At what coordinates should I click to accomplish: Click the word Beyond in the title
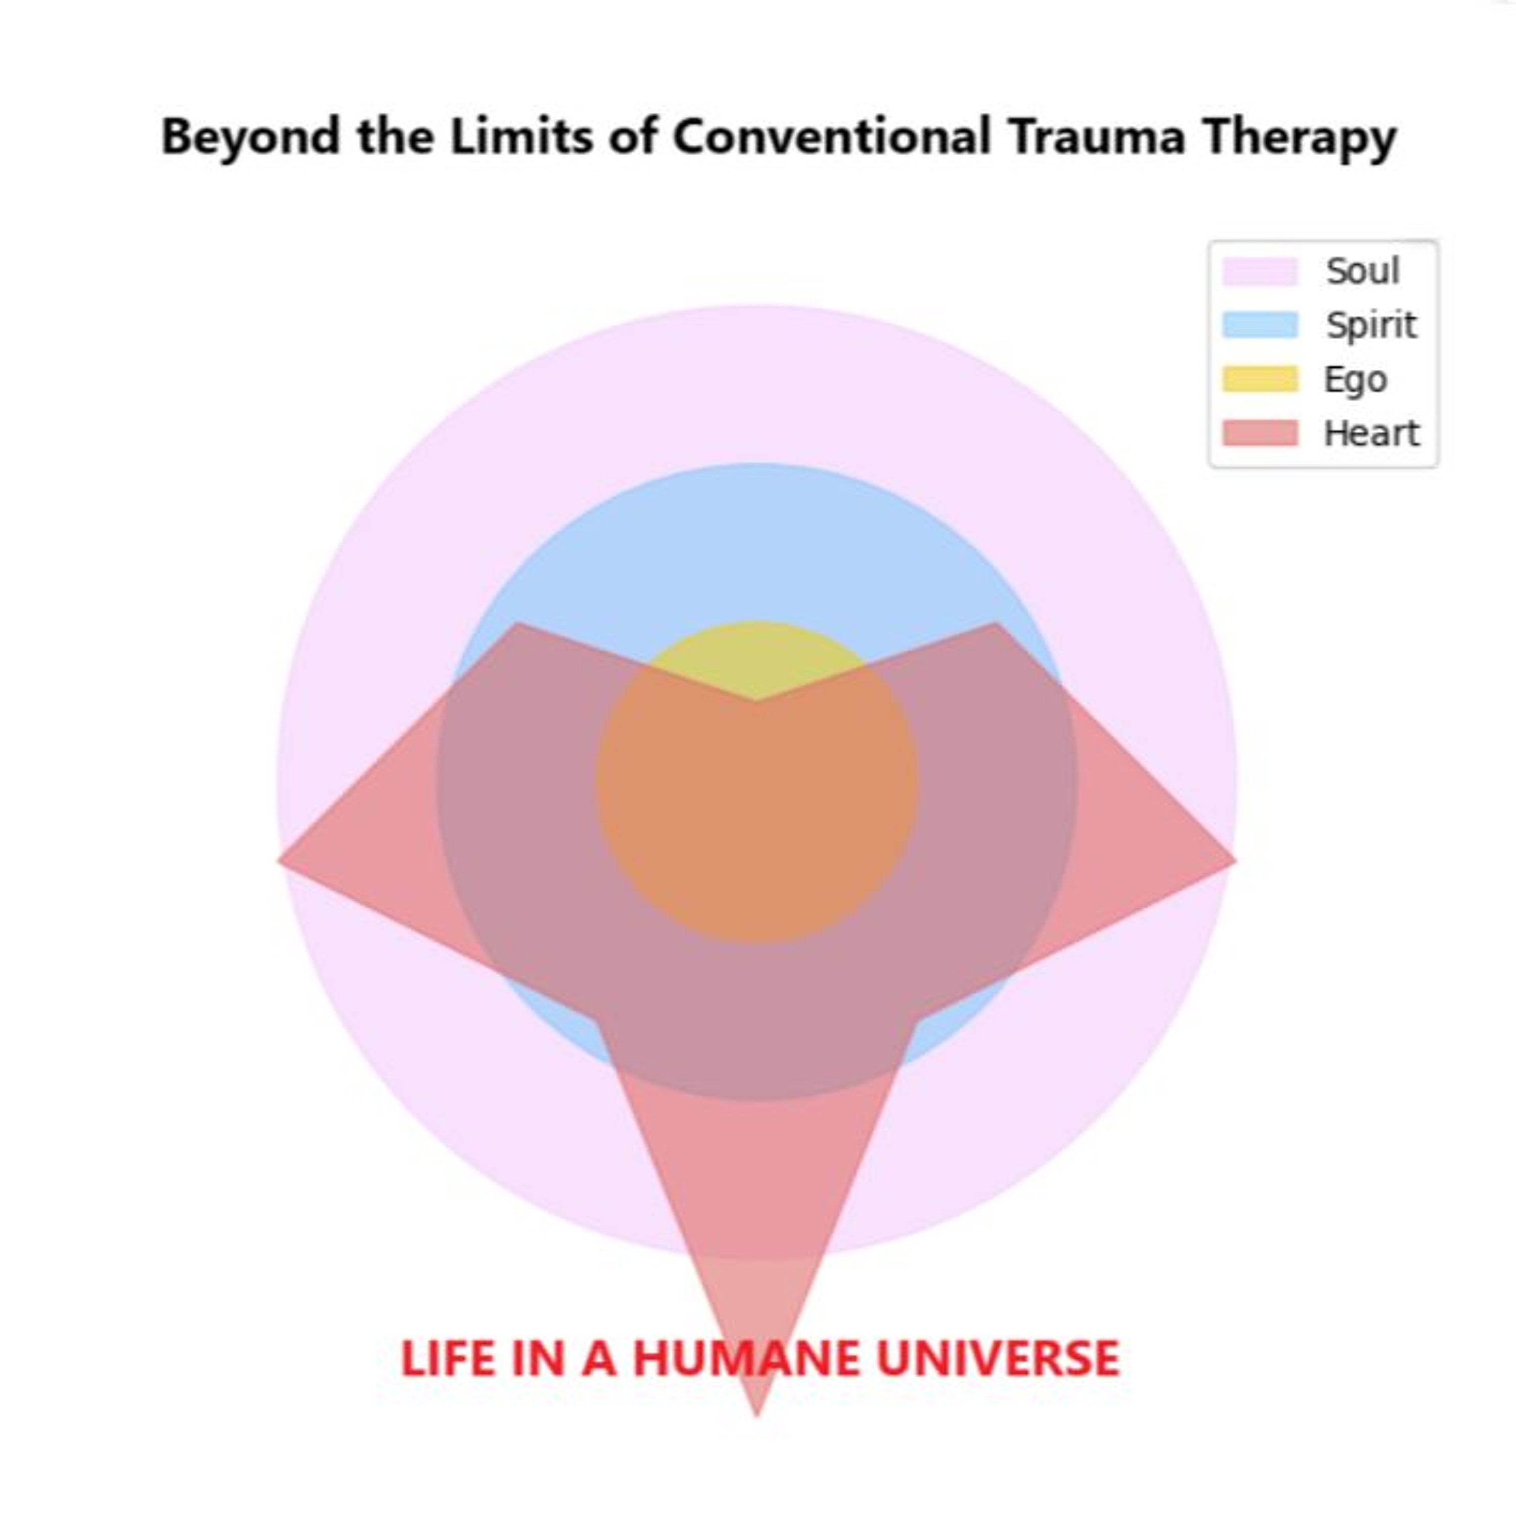(250, 138)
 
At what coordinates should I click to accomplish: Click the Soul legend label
(1363, 271)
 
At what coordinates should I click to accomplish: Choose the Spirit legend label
(1371, 325)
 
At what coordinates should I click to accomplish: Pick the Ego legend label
(1356, 380)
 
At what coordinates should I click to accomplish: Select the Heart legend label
(1371, 433)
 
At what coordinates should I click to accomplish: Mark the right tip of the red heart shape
(1235, 861)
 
